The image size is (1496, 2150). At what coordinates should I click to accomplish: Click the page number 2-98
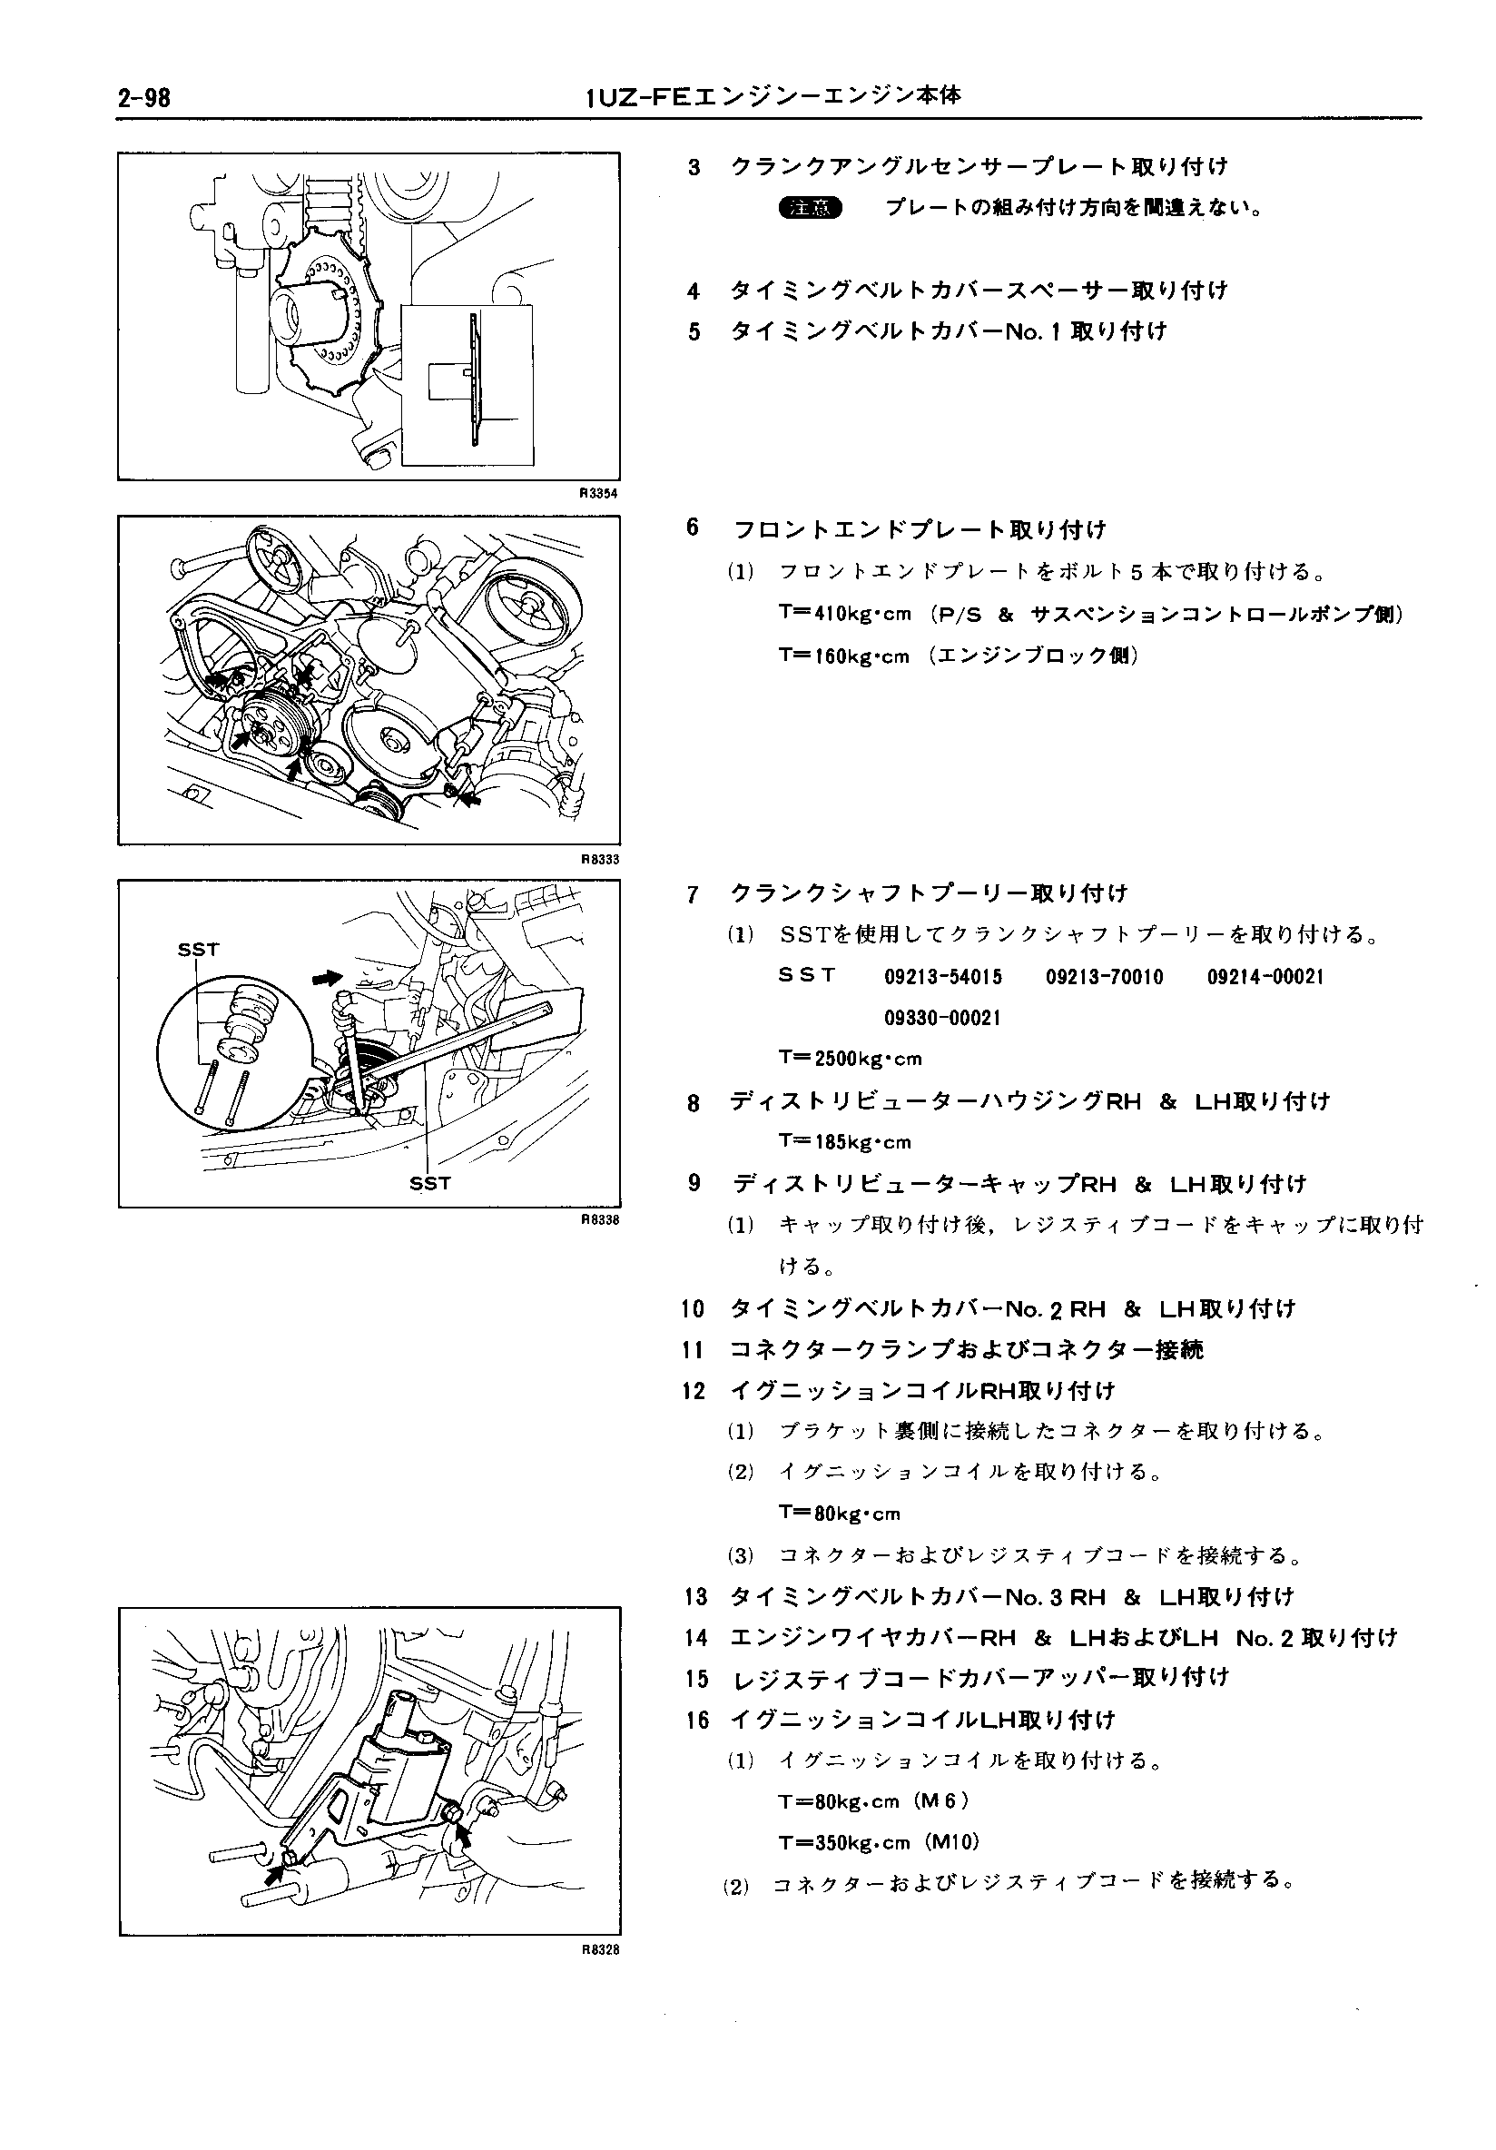pyautogui.click(x=144, y=97)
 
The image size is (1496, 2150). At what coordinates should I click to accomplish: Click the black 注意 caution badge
pyautogui.click(x=809, y=208)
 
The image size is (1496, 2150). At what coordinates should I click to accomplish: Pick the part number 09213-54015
pyautogui.click(x=943, y=978)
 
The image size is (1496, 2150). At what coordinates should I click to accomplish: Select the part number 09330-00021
pyautogui.click(x=943, y=1018)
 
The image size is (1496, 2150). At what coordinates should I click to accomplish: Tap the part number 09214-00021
pyautogui.click(x=1265, y=978)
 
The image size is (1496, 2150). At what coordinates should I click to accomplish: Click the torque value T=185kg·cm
pyautogui.click(x=844, y=1141)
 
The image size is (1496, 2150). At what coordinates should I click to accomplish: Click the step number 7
pyautogui.click(x=693, y=894)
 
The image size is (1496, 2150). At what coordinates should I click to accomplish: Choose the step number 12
pyautogui.click(x=694, y=1391)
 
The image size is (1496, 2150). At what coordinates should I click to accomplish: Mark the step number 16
pyautogui.click(x=696, y=1720)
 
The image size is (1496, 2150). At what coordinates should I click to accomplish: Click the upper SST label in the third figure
pyautogui.click(x=199, y=950)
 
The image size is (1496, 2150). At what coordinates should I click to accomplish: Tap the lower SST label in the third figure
pyautogui.click(x=429, y=1184)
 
